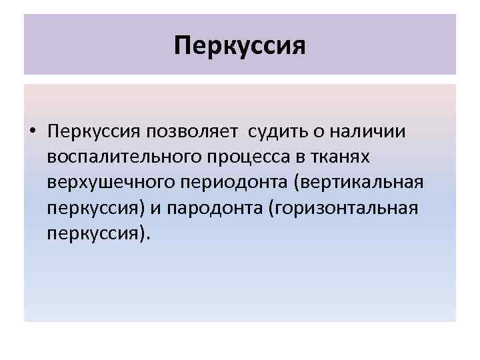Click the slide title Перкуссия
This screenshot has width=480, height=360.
[239, 46]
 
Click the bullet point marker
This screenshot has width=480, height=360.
[33, 131]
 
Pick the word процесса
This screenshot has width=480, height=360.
[239, 157]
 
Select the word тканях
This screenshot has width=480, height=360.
[340, 157]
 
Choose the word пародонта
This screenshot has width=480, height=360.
[212, 209]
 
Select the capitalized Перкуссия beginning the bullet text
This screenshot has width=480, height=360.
[89, 131]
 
